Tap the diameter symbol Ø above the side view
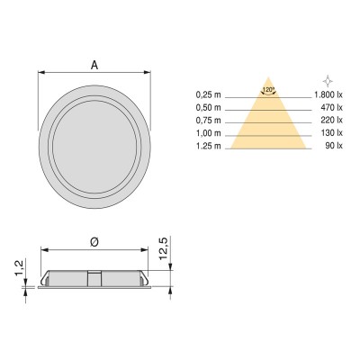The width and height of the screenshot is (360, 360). (x=94, y=241)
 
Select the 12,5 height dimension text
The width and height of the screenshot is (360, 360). (x=163, y=248)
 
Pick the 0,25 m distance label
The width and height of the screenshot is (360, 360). (x=209, y=94)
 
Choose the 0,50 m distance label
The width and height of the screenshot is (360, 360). (x=209, y=106)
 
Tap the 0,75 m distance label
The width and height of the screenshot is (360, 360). (x=209, y=119)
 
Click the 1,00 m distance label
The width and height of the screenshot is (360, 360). (x=209, y=131)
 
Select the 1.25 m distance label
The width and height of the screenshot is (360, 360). (x=209, y=144)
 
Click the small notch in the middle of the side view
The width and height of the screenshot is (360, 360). (x=94, y=274)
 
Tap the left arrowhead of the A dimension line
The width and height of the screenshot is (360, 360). (x=40, y=74)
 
